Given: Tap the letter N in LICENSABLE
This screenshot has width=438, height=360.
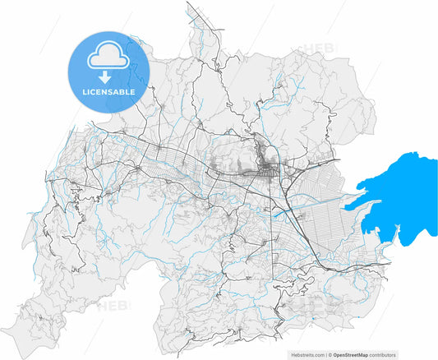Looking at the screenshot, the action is click(x=107, y=92).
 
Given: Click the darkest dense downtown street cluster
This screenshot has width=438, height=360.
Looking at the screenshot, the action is click(x=269, y=170).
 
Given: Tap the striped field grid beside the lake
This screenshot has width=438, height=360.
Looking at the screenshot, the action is click(x=325, y=222).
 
